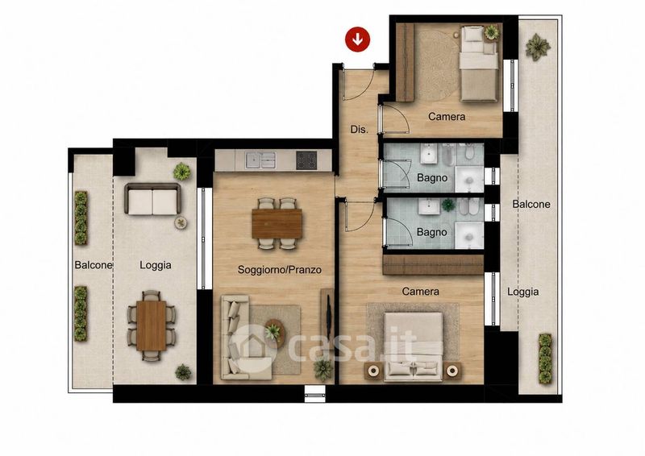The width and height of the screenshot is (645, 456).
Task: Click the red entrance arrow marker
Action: coord(357,39)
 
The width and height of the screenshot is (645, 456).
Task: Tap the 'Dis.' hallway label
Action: coord(359,129)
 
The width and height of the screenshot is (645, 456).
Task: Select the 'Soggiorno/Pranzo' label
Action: coord(279,270)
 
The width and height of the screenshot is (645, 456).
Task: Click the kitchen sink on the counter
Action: coord(260,160)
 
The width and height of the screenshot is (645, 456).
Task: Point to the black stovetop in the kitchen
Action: coord(306,160)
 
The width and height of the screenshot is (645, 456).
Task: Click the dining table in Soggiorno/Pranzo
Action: coord(277,223)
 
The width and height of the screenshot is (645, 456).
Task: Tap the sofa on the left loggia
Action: coord(152,199)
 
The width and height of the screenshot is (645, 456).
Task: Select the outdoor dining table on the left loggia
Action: coord(151,325)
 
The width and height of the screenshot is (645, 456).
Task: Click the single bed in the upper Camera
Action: coord(479,64)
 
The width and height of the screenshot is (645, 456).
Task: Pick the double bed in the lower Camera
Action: coord(413,346)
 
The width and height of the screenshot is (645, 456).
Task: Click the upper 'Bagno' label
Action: coord(432,177)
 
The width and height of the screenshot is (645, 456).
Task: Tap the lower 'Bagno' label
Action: coord(431,232)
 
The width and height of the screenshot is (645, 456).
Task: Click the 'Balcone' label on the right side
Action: coord(531,204)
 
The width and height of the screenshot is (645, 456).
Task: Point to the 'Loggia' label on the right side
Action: coord(522,292)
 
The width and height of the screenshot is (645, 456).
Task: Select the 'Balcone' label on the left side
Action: coord(94,265)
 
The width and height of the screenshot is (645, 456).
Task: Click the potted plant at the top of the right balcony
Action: coord(538,47)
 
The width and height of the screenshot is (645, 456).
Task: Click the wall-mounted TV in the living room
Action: coord(328,313)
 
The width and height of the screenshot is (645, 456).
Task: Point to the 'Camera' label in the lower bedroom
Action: coord(420,292)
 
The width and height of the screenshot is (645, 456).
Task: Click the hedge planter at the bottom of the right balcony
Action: coord(545,359)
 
